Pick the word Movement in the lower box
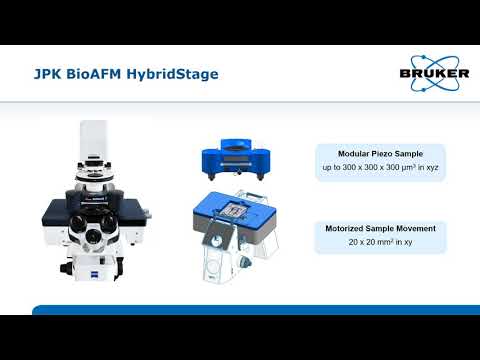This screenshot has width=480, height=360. [414, 229]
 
